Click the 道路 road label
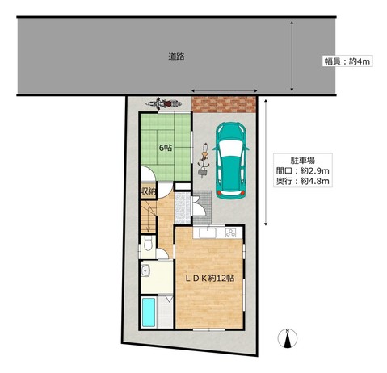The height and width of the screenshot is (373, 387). coord(176,57)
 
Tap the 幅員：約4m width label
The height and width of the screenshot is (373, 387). coord(347,61)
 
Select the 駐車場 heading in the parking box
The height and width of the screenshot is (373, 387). coord(303,161)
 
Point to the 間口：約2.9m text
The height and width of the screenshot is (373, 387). coord(302,170)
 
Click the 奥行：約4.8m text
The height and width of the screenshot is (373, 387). coord(302,181)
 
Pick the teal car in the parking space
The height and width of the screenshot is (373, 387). coord(231,161)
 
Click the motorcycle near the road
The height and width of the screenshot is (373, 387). coord(162,103)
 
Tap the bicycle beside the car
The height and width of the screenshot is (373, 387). coord(204,161)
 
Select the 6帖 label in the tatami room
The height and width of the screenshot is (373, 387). coord(166,148)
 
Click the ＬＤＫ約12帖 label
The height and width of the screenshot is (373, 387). coord(210,278)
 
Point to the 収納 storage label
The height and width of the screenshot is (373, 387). coord(148,191)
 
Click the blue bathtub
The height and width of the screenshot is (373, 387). coord(149,312)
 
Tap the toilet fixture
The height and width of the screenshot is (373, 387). coord(148,244)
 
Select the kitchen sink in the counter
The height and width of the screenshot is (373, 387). coord(208,233)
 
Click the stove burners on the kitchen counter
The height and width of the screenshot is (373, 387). coord(231,233)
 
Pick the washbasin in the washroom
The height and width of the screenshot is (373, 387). coord(145,270)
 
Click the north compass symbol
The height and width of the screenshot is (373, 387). coord(288,338)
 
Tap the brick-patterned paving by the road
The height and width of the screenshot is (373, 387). coord(224,104)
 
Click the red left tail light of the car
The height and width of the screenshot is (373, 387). coord(220,192)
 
